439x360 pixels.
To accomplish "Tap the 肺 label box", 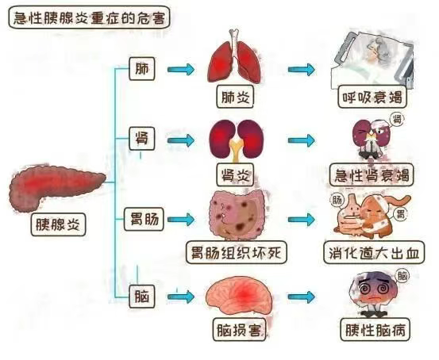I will coord(141,69).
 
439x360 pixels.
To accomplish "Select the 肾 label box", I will coord(141,141).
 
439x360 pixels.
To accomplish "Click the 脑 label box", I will coord(141,297).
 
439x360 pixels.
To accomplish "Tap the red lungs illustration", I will coord(235,58).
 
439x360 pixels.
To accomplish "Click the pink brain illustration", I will coord(239,296).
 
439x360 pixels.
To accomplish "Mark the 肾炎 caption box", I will coord(236,174).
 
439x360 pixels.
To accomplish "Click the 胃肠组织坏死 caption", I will coord(236,253).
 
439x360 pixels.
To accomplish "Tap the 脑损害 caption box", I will coord(236,327).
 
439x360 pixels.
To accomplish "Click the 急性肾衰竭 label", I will coord(372,175).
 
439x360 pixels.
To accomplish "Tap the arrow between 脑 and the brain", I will coord(181,297).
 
